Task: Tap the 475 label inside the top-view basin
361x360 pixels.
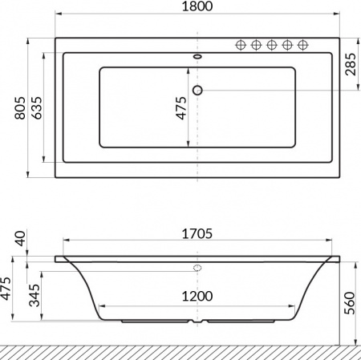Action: (x=181, y=107)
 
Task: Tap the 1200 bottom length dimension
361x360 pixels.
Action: (x=197, y=296)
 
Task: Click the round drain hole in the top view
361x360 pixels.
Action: (x=198, y=89)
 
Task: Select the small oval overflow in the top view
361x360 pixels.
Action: (x=198, y=57)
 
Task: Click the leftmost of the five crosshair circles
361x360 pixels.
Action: (x=240, y=44)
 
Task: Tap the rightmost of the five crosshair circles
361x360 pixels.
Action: (x=303, y=44)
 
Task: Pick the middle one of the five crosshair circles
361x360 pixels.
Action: (x=271, y=44)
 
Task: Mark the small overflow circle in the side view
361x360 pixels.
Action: (x=198, y=268)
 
